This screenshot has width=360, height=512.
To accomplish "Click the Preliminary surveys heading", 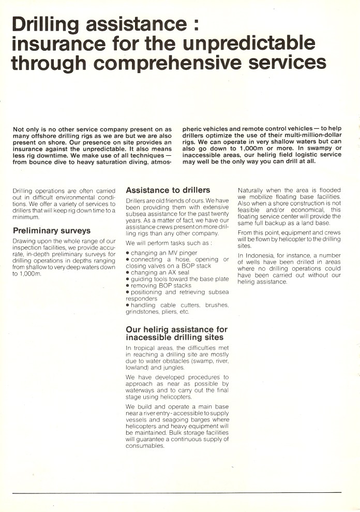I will tap(51, 231).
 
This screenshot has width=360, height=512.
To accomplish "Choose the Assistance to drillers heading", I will tap(168, 190).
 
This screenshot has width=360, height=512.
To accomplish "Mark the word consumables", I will tap(144, 446).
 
